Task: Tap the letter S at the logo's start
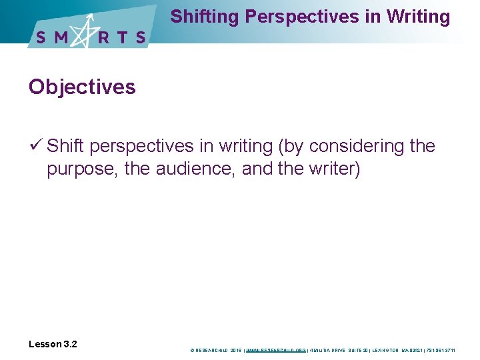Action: [x=41, y=37]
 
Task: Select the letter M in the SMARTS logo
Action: [x=62, y=37]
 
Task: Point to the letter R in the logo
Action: [x=105, y=37]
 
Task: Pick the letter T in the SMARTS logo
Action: [x=123, y=37]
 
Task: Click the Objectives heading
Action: [x=82, y=87]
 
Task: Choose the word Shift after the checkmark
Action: [x=67, y=145]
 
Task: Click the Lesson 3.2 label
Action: [x=53, y=344]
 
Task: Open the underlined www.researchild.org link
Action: [x=276, y=349]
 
